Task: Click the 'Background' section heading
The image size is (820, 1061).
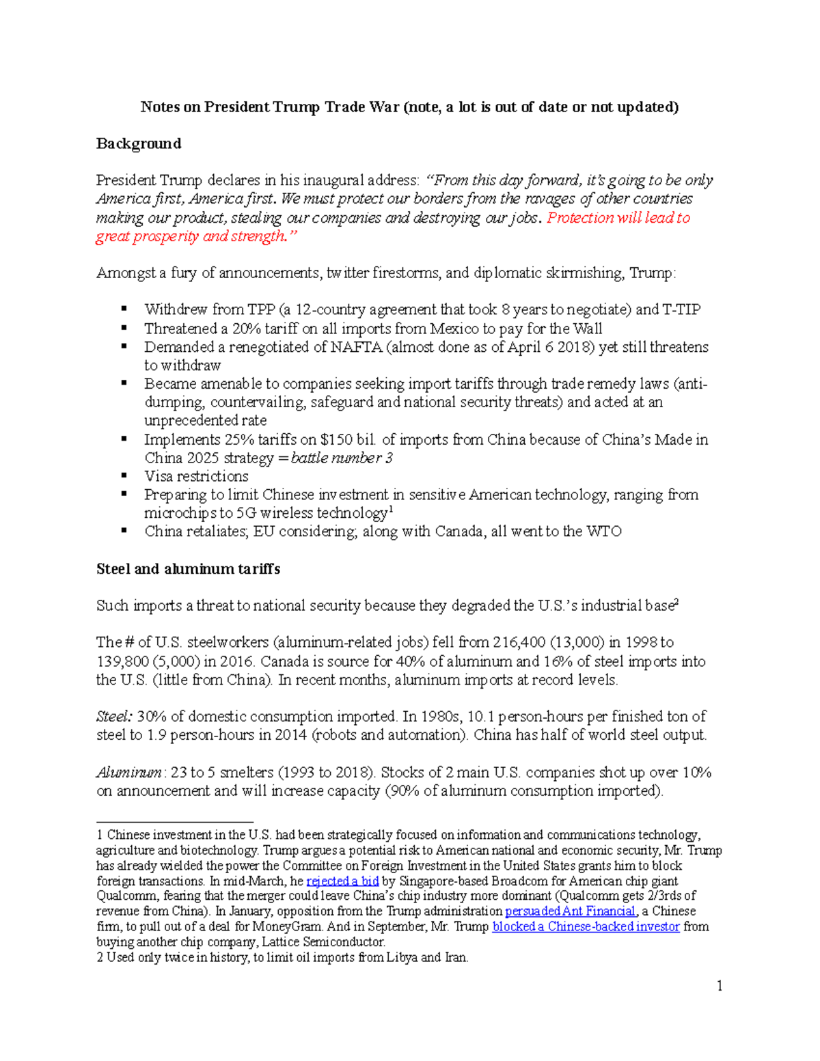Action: coord(139,143)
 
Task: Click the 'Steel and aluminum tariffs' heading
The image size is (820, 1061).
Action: coord(188,569)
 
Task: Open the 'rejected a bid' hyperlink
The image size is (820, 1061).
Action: coord(342,881)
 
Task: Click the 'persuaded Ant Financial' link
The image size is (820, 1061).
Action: coord(570,911)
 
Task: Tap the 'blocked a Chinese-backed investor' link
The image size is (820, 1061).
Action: coord(586,927)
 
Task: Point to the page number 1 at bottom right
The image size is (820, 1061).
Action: coord(720,985)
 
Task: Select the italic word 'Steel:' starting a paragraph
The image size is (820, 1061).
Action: coord(114,717)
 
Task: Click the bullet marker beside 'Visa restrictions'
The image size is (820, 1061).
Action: coord(124,476)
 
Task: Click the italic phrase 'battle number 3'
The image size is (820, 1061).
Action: coord(342,458)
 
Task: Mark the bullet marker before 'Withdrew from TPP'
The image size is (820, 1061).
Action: coord(124,309)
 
